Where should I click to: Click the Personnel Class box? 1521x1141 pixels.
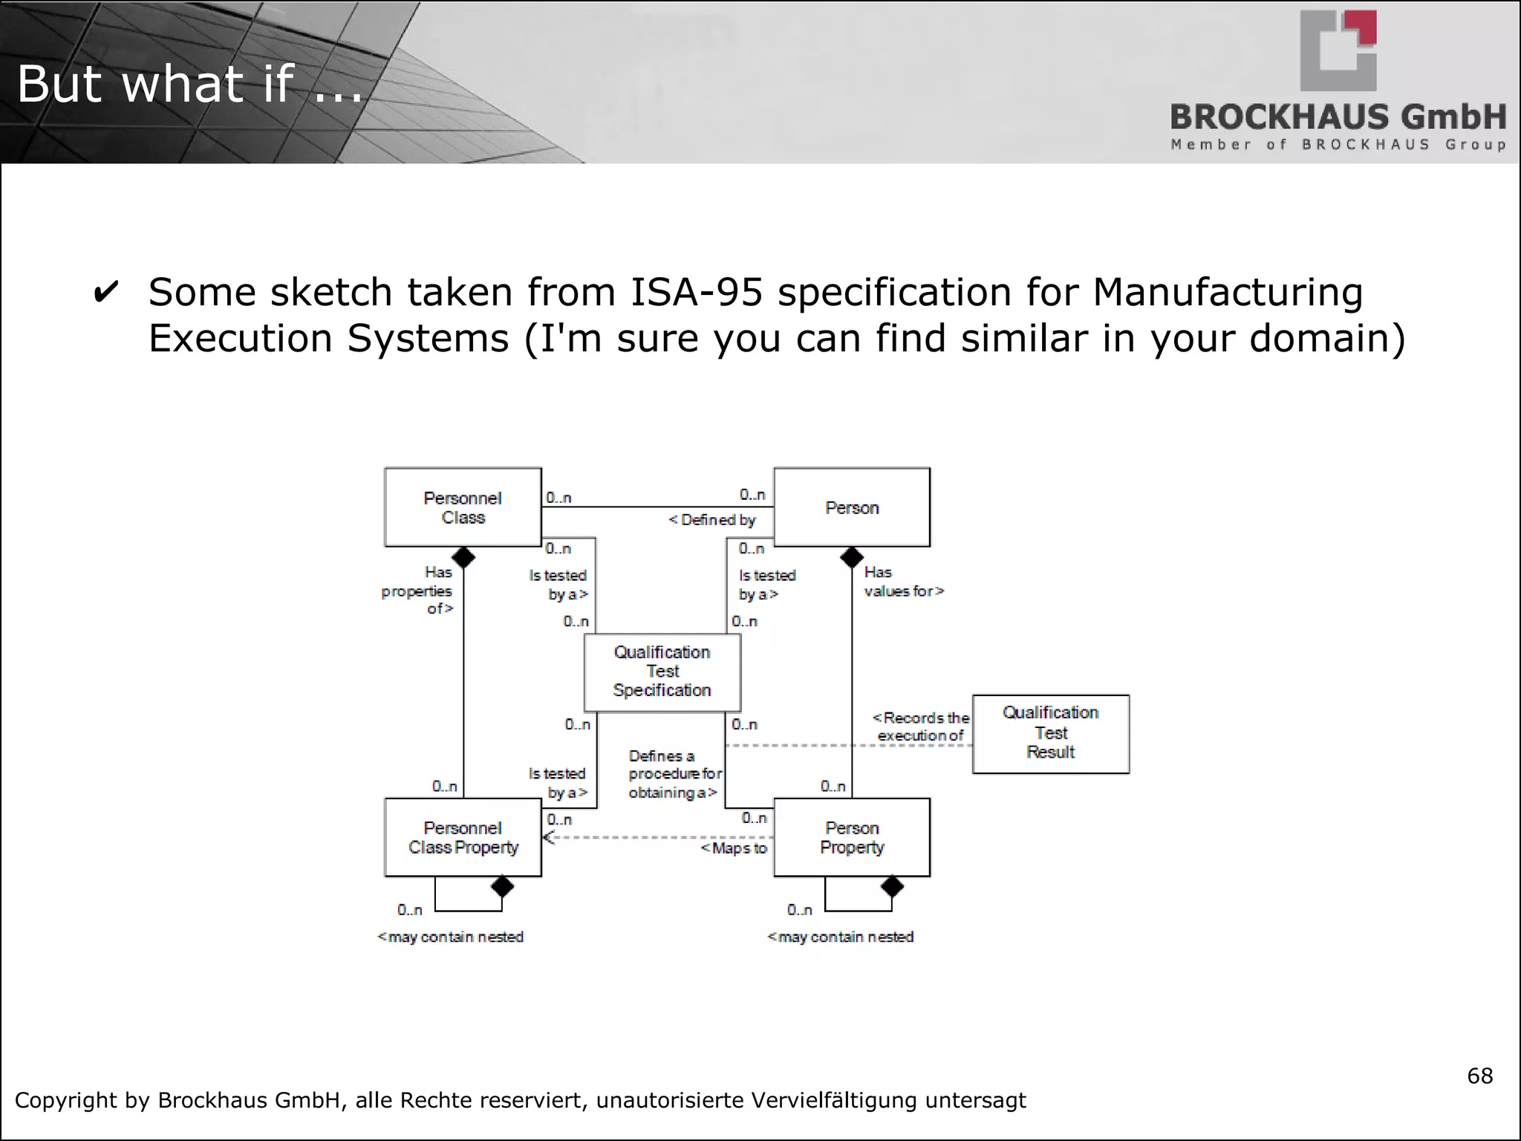463,507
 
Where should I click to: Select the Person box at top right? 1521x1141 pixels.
852,507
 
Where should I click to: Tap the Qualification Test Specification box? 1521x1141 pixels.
662,672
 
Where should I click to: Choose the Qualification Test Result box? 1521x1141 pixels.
1051,733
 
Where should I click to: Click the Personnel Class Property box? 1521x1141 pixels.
463,837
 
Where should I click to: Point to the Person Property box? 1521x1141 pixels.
852,837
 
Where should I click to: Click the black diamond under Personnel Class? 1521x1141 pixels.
463,557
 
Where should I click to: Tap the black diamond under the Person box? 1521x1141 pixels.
852,557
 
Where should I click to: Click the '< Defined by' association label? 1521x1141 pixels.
712,520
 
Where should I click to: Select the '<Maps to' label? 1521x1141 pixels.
734,848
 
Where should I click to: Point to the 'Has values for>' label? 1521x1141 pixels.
903,582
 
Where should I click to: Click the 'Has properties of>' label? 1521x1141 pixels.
418,591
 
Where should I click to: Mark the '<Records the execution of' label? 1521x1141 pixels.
921,726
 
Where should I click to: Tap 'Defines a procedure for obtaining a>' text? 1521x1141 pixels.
674,774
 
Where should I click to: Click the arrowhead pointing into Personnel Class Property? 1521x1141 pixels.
549,838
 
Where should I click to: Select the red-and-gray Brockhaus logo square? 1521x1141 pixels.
1338,51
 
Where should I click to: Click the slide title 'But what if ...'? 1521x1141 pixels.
190,83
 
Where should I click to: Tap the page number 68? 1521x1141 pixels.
1479,1076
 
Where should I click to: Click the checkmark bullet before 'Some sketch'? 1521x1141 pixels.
106,293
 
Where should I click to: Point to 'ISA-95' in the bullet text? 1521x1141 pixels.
696,292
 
